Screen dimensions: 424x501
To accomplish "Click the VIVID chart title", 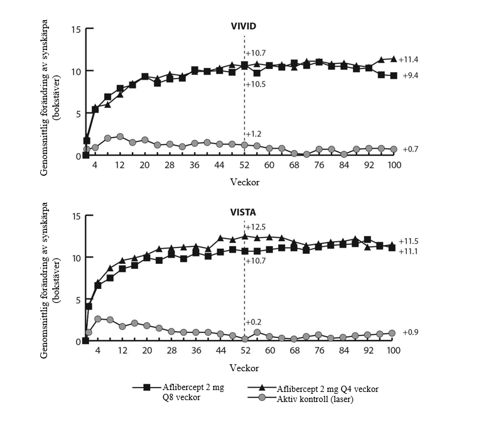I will pos(244,27).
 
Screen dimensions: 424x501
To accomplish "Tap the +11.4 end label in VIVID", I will pos(409,59).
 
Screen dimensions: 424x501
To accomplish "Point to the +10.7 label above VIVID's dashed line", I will pos(257,52).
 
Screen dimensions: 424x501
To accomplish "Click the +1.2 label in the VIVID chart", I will pos(254,134).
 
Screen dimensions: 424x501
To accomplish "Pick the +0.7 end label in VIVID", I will pos(411,149).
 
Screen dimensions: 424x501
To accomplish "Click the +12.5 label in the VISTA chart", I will pos(257,227).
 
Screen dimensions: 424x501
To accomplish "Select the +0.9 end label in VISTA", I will pos(411,332).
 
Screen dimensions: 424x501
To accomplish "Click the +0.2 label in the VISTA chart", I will pos(254,322).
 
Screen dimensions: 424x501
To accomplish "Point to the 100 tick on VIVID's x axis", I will pos(394,165).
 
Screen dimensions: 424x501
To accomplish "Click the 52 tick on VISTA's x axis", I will pos(245,351).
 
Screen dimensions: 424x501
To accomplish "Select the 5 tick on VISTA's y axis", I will pos(77,300).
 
